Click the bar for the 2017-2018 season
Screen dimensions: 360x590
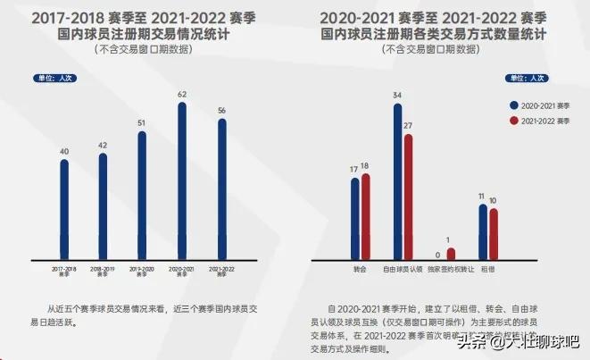(x=64, y=208)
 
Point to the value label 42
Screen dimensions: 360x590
(x=103, y=145)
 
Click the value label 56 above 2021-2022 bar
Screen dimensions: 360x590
(x=221, y=111)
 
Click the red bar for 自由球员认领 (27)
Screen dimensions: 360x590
(x=408, y=196)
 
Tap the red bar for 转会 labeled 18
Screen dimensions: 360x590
(x=365, y=215)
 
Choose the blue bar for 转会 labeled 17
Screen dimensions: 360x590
(x=354, y=217)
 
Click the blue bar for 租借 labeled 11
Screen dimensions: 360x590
(x=483, y=231)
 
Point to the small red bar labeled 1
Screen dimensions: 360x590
(x=451, y=254)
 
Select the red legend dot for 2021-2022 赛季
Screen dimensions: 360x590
(x=514, y=120)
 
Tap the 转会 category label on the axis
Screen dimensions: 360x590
(x=360, y=267)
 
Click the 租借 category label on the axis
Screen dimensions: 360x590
(x=488, y=267)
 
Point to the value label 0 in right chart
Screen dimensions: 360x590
(x=437, y=255)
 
